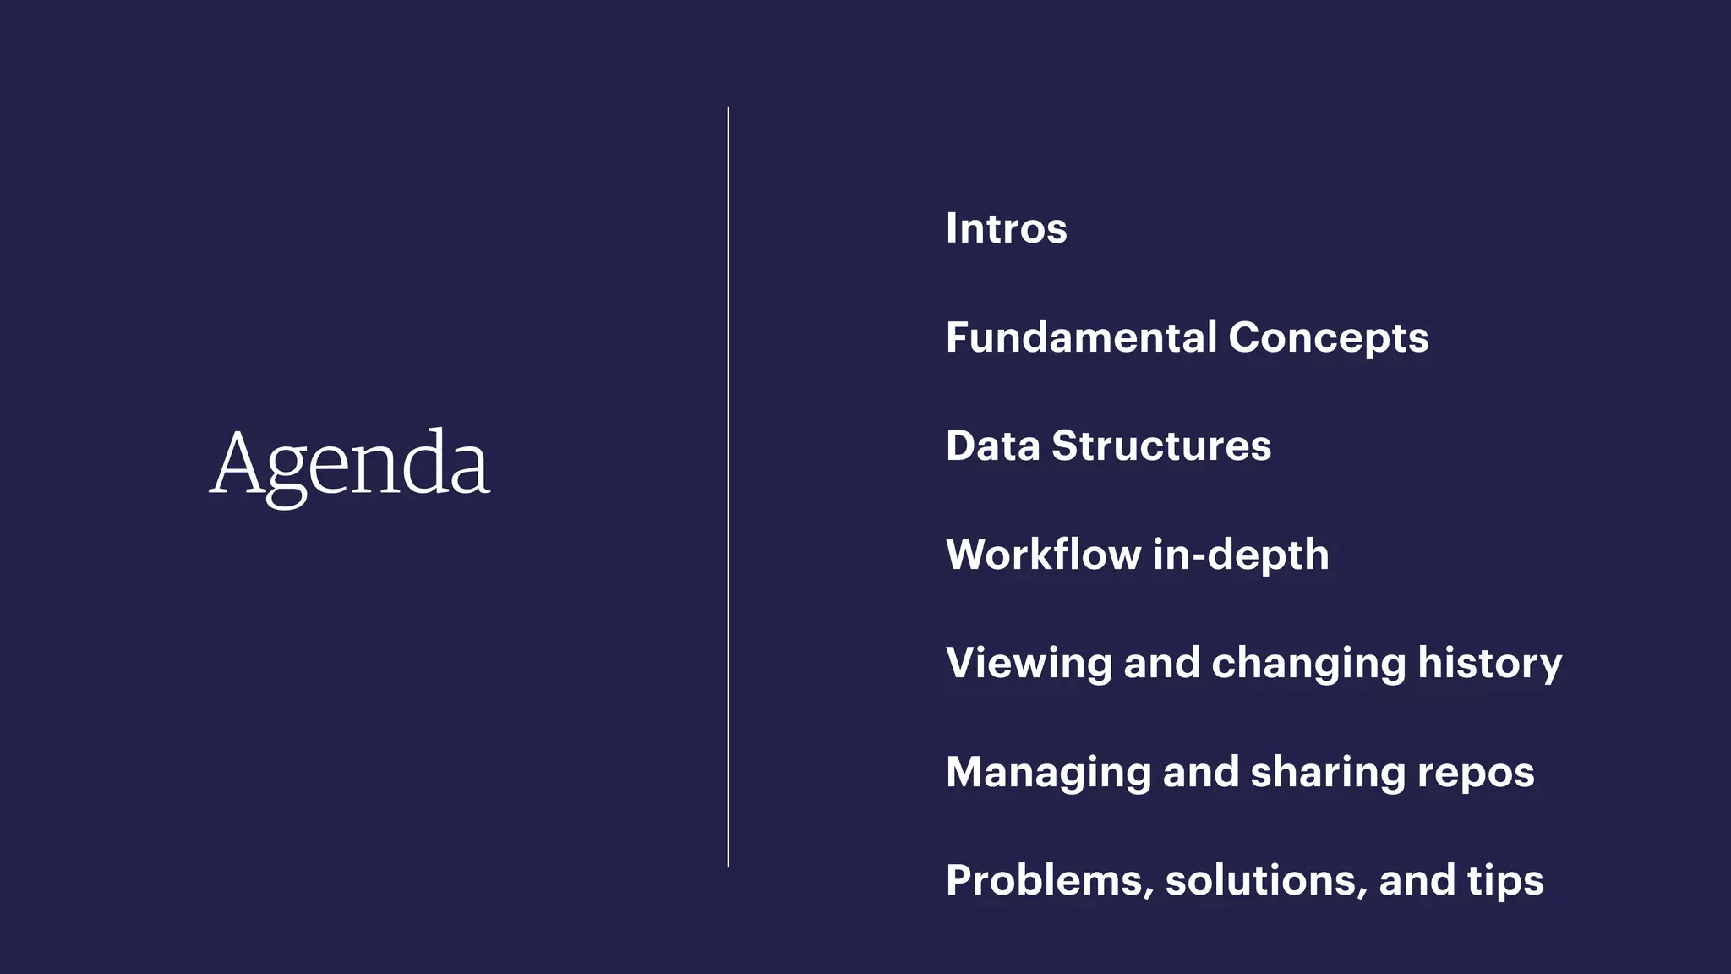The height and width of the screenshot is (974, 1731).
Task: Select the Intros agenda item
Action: (1006, 228)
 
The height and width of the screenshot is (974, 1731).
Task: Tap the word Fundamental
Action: (1081, 337)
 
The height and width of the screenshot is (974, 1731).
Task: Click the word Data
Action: (992, 446)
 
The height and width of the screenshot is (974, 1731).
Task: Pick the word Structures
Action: (1160, 446)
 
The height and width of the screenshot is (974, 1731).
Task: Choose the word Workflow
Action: (1043, 555)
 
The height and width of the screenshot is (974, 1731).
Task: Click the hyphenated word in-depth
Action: (1240, 555)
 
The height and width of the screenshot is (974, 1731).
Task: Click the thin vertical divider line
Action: (728, 487)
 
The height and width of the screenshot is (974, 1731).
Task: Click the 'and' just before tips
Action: (1417, 880)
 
